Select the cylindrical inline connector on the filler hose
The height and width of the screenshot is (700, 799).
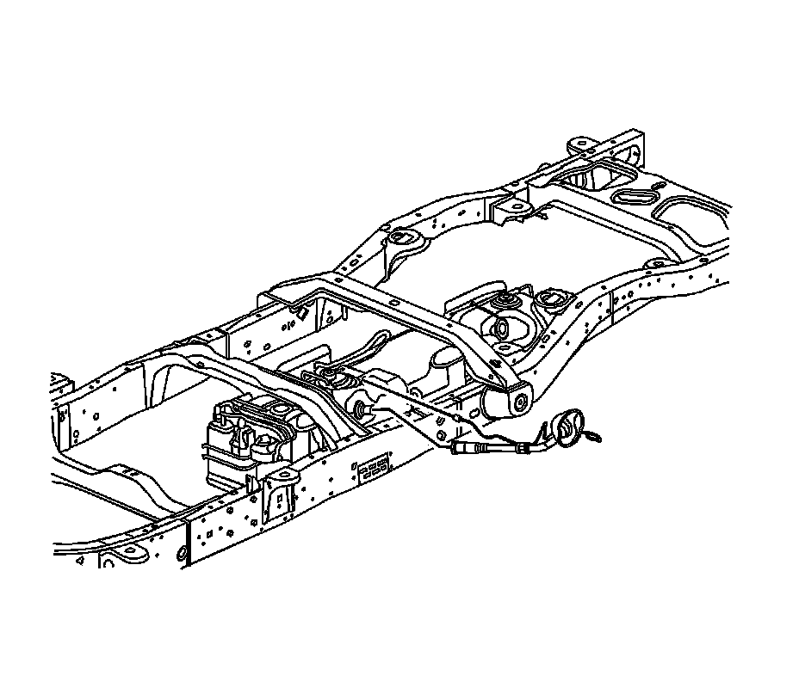pos(465,449)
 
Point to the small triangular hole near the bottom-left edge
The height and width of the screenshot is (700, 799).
pos(79,560)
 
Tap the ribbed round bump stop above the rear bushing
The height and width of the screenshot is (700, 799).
pos(502,300)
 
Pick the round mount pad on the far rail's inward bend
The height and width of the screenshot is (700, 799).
pos(399,236)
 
